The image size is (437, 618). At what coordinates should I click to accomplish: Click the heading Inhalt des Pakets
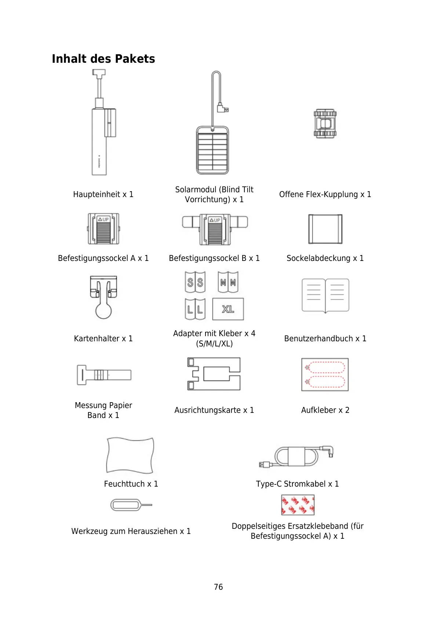(x=103, y=59)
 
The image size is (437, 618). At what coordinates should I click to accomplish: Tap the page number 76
(x=218, y=587)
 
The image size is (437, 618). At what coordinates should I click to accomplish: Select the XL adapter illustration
(x=228, y=309)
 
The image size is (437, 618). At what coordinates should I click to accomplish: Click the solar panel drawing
(x=212, y=150)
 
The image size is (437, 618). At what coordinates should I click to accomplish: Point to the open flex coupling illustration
(x=325, y=123)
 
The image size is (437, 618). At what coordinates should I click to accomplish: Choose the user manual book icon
(x=325, y=295)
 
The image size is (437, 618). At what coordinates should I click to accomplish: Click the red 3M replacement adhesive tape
(x=298, y=505)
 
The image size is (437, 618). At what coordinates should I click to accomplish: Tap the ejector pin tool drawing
(x=131, y=505)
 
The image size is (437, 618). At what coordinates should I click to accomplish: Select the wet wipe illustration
(x=130, y=455)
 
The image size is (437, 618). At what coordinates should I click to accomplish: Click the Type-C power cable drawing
(x=296, y=457)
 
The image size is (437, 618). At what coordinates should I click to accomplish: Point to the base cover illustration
(x=325, y=229)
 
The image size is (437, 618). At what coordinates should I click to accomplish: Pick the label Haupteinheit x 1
(x=103, y=195)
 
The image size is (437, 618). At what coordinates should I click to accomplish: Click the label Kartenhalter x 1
(x=103, y=338)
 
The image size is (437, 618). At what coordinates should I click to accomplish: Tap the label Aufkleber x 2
(x=325, y=410)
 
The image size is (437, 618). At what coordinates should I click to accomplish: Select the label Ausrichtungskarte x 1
(x=214, y=410)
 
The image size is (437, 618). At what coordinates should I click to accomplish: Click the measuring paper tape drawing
(x=104, y=375)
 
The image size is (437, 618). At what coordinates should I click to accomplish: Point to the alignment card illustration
(x=214, y=374)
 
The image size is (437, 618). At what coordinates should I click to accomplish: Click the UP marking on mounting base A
(x=103, y=219)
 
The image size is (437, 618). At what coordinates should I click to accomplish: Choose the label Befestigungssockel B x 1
(x=214, y=258)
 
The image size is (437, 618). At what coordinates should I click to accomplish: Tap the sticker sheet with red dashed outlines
(x=325, y=375)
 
